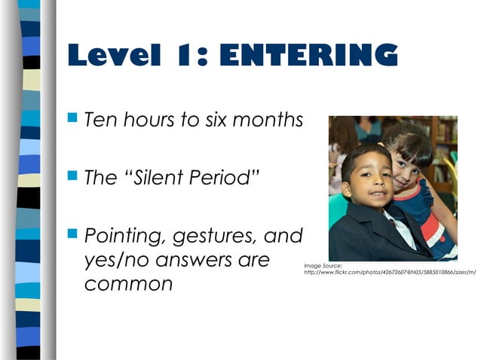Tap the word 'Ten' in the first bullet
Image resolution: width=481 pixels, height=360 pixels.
coord(101,120)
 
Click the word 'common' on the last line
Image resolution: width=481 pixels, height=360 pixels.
coord(128,285)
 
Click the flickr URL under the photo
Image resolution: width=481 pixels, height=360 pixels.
coord(389,273)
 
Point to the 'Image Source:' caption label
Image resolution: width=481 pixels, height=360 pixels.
coord(323,265)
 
